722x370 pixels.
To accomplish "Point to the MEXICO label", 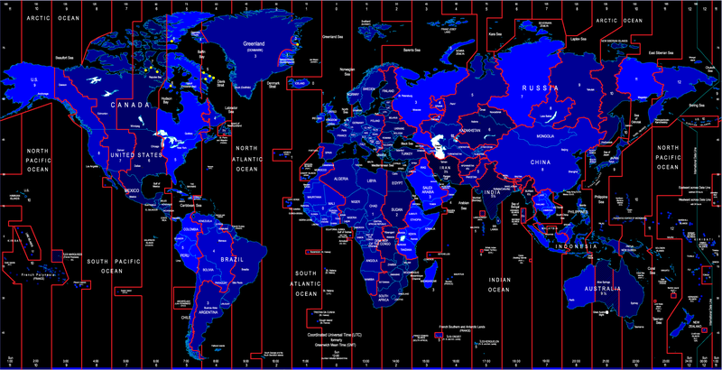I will pos(133,190).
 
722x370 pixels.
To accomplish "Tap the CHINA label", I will pos(539,162).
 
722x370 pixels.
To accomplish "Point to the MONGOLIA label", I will pos(544,136).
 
